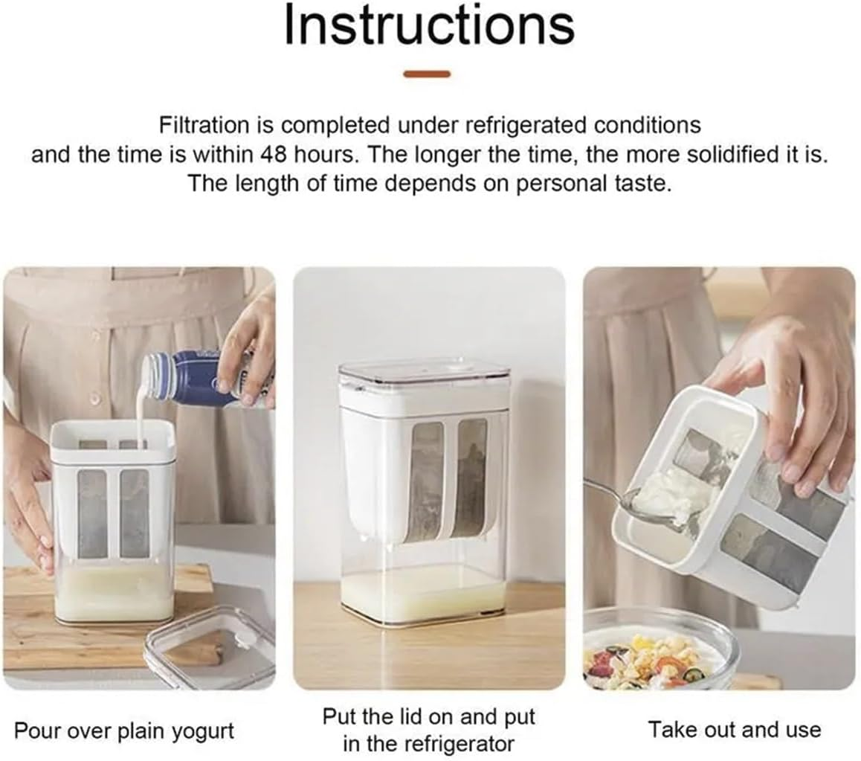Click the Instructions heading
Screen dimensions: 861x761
pyautogui.click(x=430, y=26)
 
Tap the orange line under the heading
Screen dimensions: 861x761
pyautogui.click(x=427, y=74)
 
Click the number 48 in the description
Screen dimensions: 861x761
pyautogui.click(x=274, y=155)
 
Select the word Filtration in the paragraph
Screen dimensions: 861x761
pyautogui.click(x=204, y=125)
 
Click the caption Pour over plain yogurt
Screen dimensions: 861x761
pyautogui.click(x=124, y=731)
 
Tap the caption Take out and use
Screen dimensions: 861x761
pyautogui.click(x=735, y=730)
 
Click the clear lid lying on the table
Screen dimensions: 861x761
pyautogui.click(x=210, y=649)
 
